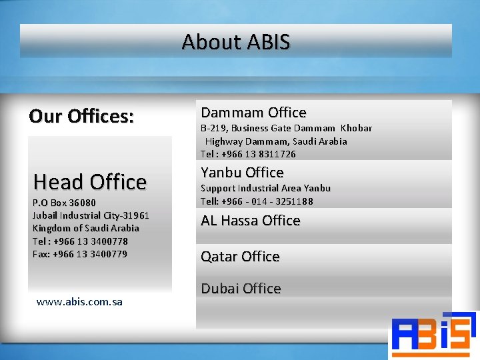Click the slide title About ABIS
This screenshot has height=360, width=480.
click(x=236, y=42)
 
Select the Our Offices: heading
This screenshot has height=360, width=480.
click(x=81, y=116)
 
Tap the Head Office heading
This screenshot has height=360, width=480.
click(x=90, y=182)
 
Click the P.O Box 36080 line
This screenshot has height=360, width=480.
click(x=64, y=203)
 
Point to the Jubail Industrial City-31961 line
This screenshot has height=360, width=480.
click(x=91, y=215)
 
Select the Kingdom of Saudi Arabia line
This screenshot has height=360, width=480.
click(x=86, y=228)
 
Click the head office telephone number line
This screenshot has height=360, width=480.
click(x=80, y=241)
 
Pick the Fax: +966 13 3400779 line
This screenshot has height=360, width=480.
click(x=80, y=254)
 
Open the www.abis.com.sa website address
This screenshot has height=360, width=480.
click(x=79, y=302)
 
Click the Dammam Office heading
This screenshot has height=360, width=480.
click(x=253, y=113)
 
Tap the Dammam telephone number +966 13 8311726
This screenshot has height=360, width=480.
click(x=248, y=154)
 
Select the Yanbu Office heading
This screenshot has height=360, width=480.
click(x=242, y=173)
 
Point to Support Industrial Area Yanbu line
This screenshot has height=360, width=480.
click(x=265, y=189)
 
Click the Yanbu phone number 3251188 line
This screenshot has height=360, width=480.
click(x=257, y=201)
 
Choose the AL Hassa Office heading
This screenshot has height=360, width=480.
click(x=251, y=221)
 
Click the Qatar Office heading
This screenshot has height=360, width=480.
click(x=240, y=257)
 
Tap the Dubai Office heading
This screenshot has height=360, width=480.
click(x=241, y=289)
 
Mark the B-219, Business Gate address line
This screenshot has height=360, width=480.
click(x=286, y=128)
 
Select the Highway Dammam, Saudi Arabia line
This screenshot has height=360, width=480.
click(x=276, y=141)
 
